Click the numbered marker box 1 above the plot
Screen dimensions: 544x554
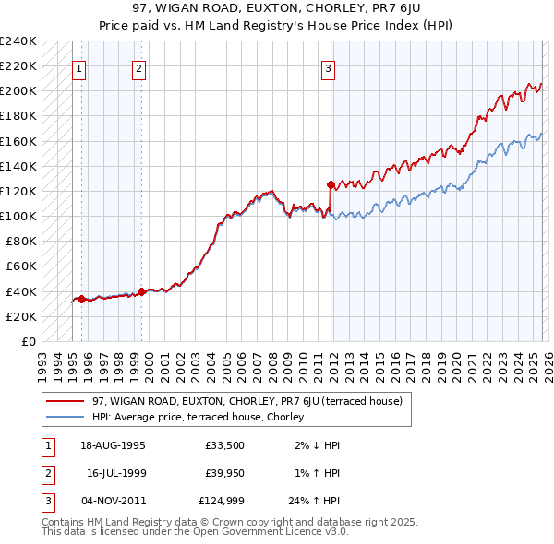point(79,67)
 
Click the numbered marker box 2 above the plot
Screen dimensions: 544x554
point(138,67)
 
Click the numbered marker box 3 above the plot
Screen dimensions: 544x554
point(329,67)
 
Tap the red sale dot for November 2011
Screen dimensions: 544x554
point(331,184)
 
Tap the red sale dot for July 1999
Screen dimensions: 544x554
point(141,291)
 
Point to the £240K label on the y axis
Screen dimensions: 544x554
point(18,41)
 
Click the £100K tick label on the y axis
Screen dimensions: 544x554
point(18,216)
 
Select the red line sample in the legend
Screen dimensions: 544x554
point(66,401)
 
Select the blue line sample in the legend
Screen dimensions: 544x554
point(66,417)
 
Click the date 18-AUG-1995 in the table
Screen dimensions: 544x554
point(113,445)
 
